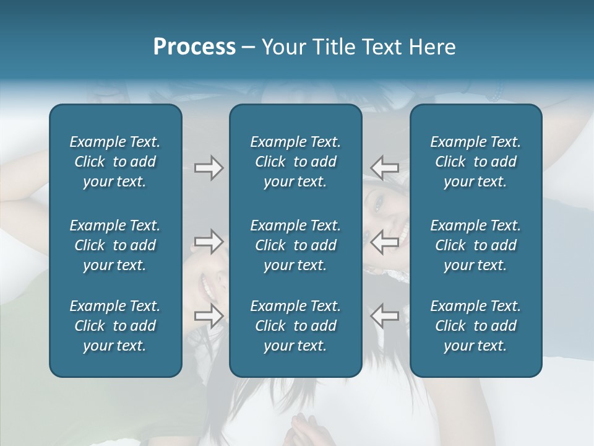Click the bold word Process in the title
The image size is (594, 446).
pyautogui.click(x=194, y=47)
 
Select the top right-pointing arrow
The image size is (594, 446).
pyautogui.click(x=209, y=168)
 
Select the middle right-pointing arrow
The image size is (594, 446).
pyautogui.click(x=209, y=242)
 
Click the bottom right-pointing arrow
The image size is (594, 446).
pyautogui.click(x=209, y=315)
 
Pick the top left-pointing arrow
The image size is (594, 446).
pyautogui.click(x=385, y=168)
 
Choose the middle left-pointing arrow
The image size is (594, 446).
pyautogui.click(x=385, y=242)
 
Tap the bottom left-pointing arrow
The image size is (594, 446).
pyautogui.click(x=385, y=315)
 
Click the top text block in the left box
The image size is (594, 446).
pyautogui.click(x=115, y=162)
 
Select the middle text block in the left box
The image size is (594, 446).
pyautogui.click(x=115, y=245)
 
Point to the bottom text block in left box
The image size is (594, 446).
pyautogui.click(x=115, y=326)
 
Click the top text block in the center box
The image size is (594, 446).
pyautogui.click(x=295, y=162)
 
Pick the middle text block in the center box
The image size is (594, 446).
pyautogui.click(x=295, y=245)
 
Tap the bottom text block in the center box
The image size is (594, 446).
pyautogui.click(x=295, y=326)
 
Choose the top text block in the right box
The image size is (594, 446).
pyautogui.click(x=475, y=162)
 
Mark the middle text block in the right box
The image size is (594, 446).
pyautogui.click(x=475, y=245)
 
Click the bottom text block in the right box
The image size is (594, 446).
pyautogui.click(x=475, y=326)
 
